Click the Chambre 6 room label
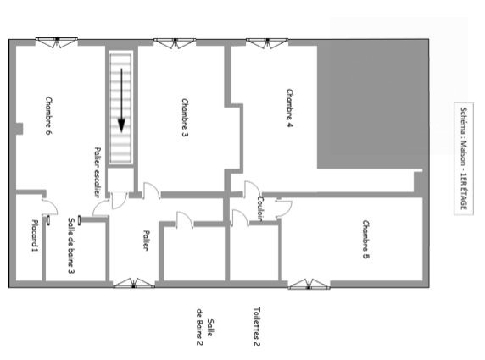[x=49, y=115]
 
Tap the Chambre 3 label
[x=185, y=118]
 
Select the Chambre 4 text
[x=289, y=108]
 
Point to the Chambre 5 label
[x=366, y=240]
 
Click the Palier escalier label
[x=98, y=173]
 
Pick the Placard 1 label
[x=35, y=235]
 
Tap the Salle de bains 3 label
[x=71, y=246]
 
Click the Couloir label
[x=260, y=208]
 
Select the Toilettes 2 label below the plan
[x=257, y=326]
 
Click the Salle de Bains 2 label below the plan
[x=205, y=327]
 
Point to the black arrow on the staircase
[x=121, y=101]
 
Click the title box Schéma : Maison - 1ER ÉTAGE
[x=464, y=158]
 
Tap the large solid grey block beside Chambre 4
[x=373, y=104]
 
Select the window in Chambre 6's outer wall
[x=56, y=42]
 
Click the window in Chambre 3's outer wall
[x=175, y=43]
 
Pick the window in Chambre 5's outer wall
[x=309, y=284]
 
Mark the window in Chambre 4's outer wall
[x=267, y=43]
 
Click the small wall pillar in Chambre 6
[x=20, y=129]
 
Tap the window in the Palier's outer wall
[x=134, y=283]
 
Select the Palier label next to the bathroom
[x=147, y=240]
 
